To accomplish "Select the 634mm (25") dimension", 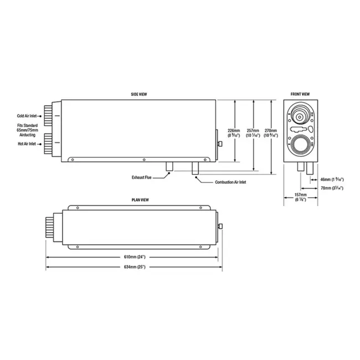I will point(133,267).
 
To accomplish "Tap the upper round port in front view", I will point(299,117).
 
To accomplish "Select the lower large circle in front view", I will point(300,145).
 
